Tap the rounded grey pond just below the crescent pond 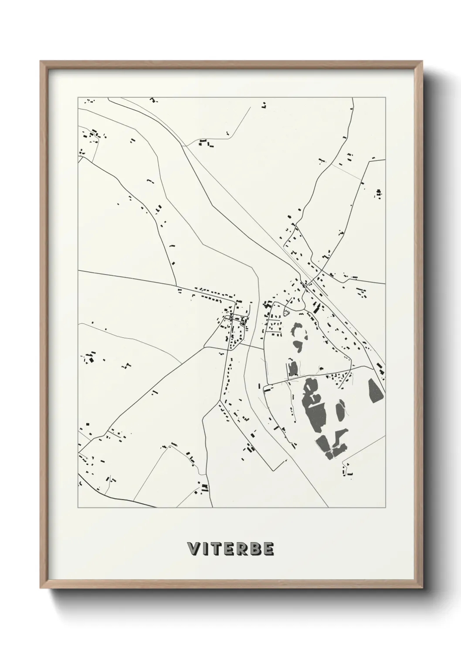click(x=298, y=346)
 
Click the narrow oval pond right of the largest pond click(x=340, y=412)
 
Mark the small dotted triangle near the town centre click(x=287, y=311)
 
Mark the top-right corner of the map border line click(x=386, y=97)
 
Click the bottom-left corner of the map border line click(x=78, y=508)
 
